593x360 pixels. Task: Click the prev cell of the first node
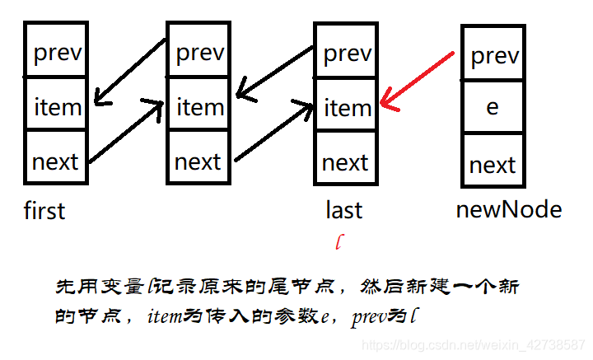point(56,51)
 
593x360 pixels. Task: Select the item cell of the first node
point(56,105)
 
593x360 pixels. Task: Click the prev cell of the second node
point(198,51)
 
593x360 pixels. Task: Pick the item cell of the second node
point(198,105)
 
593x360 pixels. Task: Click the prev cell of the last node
point(346,52)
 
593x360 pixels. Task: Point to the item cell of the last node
point(346,106)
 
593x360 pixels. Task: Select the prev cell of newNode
point(493,54)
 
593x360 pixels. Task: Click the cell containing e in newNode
point(493,107)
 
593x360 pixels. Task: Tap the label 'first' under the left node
point(44,211)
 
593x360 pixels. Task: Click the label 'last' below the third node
point(344,211)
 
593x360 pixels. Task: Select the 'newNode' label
point(508,210)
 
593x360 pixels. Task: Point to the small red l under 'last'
point(339,241)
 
